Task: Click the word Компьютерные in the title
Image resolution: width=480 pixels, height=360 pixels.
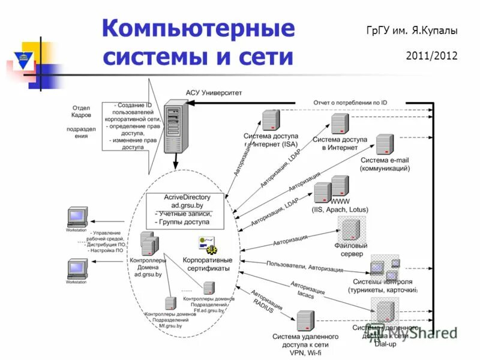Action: pyautogui.click(x=198, y=29)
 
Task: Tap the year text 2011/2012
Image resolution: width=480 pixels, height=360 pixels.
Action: pyautogui.click(x=431, y=56)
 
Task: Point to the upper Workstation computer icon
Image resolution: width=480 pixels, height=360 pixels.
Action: pyautogui.click(x=76, y=217)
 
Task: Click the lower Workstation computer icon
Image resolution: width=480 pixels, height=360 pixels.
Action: pyautogui.click(x=76, y=268)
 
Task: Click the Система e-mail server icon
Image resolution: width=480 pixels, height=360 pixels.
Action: pyautogui.click(x=384, y=145)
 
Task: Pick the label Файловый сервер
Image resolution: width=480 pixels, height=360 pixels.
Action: pyautogui.click(x=351, y=250)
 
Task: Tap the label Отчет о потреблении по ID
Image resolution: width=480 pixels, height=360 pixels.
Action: pyautogui.click(x=350, y=103)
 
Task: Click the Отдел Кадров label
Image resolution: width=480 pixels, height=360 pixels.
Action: pyautogui.click(x=82, y=110)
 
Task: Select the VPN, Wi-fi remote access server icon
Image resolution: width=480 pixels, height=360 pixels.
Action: pyautogui.click(x=305, y=322)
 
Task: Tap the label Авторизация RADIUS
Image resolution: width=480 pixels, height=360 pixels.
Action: pyautogui.click(x=265, y=302)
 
